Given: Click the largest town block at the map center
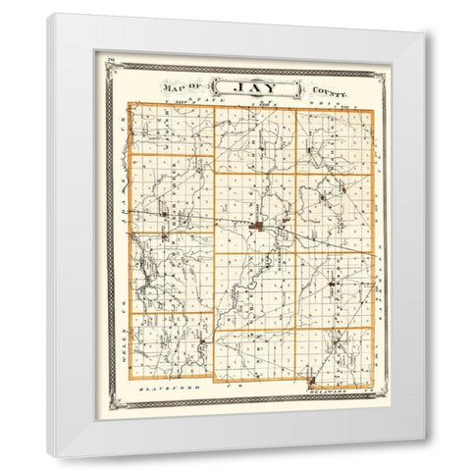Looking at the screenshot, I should (258, 230).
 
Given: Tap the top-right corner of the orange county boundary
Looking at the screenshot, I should (372, 108).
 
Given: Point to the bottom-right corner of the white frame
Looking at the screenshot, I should (425, 440).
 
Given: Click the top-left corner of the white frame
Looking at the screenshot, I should (46, 13).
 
